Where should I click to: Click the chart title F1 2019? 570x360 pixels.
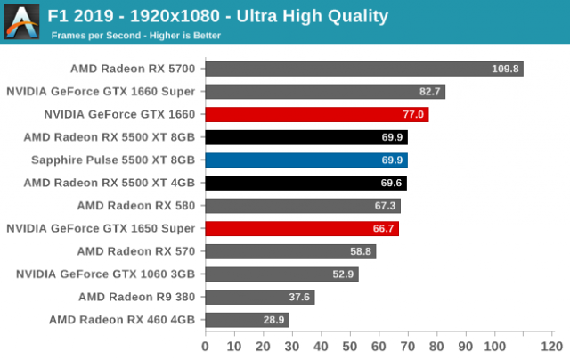pos(219,16)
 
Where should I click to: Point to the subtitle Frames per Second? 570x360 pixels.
pos(134,36)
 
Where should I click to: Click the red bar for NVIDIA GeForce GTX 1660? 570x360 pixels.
pos(316,114)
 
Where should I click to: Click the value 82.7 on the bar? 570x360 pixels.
pos(428,92)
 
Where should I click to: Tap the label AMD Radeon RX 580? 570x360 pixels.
pos(142,205)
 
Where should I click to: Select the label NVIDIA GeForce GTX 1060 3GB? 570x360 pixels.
pos(111,274)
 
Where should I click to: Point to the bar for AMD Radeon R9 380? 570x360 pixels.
pos(259,297)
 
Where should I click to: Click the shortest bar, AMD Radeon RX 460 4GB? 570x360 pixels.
pos(247,319)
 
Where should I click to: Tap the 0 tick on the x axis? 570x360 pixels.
pos(206,346)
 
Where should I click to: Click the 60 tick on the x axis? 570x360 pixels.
pos(379,346)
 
